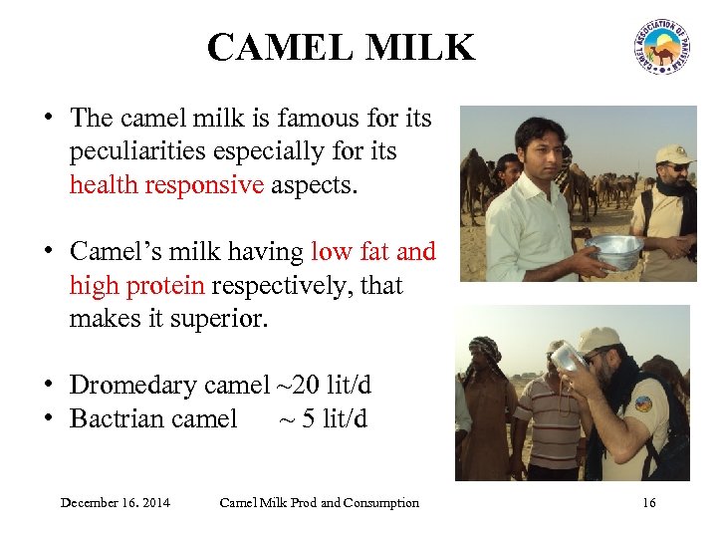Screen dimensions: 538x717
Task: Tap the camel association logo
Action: [660, 46]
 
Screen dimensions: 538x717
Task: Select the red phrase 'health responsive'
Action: [166, 184]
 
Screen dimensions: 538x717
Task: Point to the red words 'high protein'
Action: [136, 286]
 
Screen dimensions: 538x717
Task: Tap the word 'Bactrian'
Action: [115, 418]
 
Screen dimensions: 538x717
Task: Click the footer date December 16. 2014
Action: [115, 502]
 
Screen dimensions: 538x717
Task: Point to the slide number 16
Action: [649, 502]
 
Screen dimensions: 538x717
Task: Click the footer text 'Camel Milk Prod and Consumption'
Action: [319, 502]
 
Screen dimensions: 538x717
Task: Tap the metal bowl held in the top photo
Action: [612, 251]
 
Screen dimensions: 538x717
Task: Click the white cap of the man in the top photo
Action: [674, 154]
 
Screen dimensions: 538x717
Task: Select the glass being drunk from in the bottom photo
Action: [566, 356]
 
